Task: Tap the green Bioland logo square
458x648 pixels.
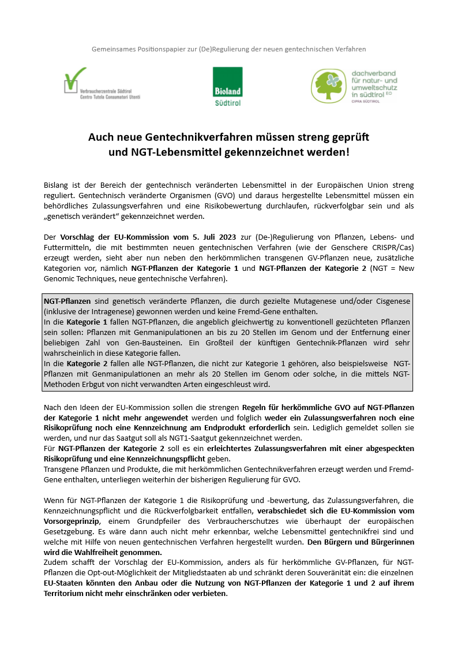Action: click(227, 82)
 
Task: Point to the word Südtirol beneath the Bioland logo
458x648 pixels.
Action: click(227, 103)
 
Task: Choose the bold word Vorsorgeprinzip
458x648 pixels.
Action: click(71, 522)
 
